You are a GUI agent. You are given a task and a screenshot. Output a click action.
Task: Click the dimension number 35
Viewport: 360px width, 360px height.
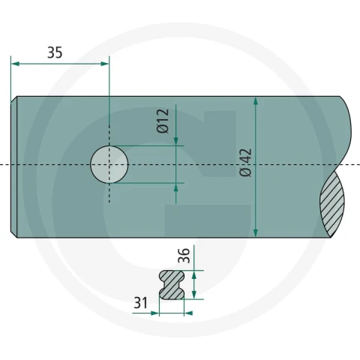coord(55,52)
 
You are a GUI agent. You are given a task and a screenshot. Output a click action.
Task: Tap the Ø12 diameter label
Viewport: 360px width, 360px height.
coord(163,121)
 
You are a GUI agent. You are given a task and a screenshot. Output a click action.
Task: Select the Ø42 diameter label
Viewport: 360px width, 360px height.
coord(245,163)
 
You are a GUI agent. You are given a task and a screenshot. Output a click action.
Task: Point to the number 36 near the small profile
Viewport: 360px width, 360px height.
coord(184,256)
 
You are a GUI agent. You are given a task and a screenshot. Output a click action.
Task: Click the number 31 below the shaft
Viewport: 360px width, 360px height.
coord(141,302)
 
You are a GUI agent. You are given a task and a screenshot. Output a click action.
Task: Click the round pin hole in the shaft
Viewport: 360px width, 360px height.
coord(109,164)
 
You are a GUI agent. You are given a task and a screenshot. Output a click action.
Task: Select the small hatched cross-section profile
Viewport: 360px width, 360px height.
coord(172,285)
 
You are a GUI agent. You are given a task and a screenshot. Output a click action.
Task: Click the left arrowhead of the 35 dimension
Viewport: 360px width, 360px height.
coord(16,64)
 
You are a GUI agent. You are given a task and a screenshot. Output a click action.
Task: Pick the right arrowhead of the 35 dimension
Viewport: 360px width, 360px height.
coord(104,64)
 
